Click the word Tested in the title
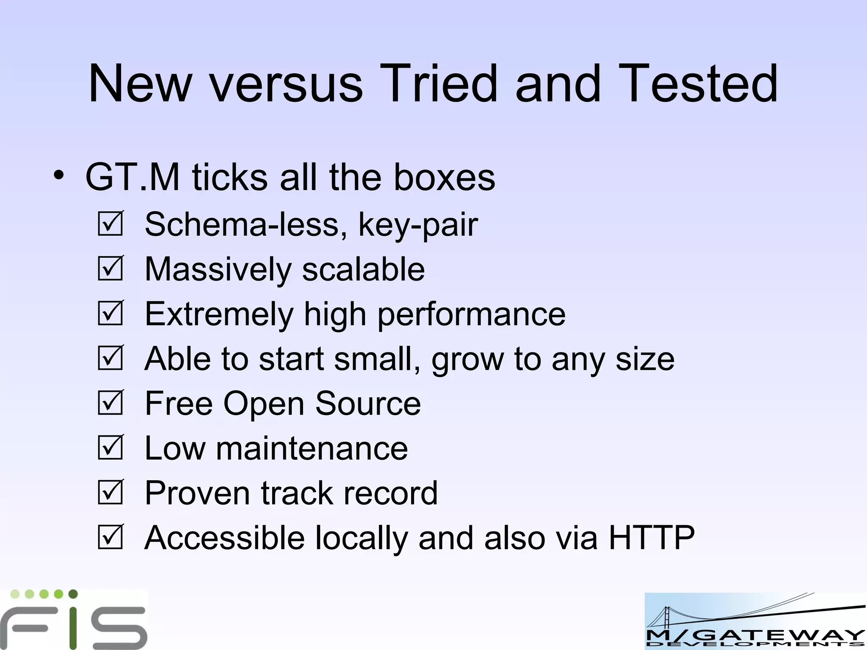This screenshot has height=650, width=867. (x=699, y=83)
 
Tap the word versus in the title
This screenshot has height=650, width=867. (x=287, y=83)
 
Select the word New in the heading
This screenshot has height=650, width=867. (x=140, y=83)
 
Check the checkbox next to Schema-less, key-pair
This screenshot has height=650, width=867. (x=110, y=224)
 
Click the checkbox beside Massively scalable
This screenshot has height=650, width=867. (x=110, y=269)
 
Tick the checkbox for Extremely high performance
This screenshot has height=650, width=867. (x=110, y=314)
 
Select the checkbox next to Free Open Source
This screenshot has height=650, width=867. (x=110, y=403)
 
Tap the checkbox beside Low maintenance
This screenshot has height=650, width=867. (x=110, y=448)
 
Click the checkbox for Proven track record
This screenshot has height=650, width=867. (x=110, y=493)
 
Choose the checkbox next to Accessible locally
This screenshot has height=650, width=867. (x=110, y=537)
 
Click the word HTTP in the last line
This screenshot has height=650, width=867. (x=652, y=537)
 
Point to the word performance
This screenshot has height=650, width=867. (x=471, y=315)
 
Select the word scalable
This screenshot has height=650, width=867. (x=363, y=270)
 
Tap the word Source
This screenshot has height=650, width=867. (x=368, y=403)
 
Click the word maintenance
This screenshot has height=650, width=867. (x=312, y=449)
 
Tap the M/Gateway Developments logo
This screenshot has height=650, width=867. (x=755, y=621)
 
